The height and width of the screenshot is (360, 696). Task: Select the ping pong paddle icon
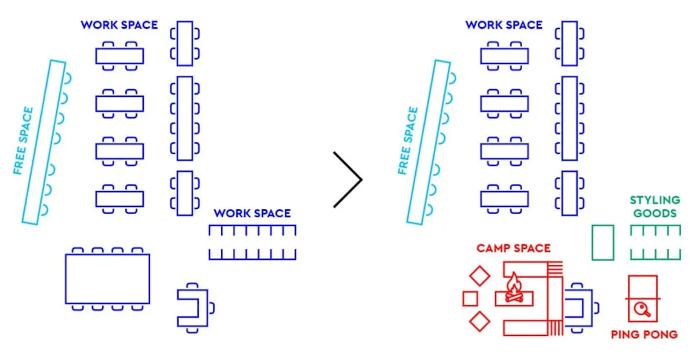[642, 310]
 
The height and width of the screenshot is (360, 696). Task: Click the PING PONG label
[644, 334]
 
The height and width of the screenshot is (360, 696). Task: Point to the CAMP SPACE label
[514, 248]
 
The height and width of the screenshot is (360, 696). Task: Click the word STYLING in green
[655, 200]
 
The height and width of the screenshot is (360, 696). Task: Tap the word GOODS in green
[655, 213]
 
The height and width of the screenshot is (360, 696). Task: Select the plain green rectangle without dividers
[603, 242]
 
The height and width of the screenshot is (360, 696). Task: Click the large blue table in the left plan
[107, 279]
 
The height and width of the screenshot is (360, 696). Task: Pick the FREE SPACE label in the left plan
[23, 141]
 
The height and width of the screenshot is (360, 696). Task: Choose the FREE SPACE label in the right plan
[408, 141]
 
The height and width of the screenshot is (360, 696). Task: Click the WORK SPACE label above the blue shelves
[252, 213]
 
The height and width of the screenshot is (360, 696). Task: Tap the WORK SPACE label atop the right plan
[504, 25]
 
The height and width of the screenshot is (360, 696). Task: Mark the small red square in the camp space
[470, 299]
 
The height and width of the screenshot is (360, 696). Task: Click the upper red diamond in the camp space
[480, 276]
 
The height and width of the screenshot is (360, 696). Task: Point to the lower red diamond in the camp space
[480, 322]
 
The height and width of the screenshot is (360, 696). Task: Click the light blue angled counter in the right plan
[429, 142]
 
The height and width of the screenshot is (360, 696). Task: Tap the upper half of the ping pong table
[643, 287]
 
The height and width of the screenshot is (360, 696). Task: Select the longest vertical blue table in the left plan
[185, 118]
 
